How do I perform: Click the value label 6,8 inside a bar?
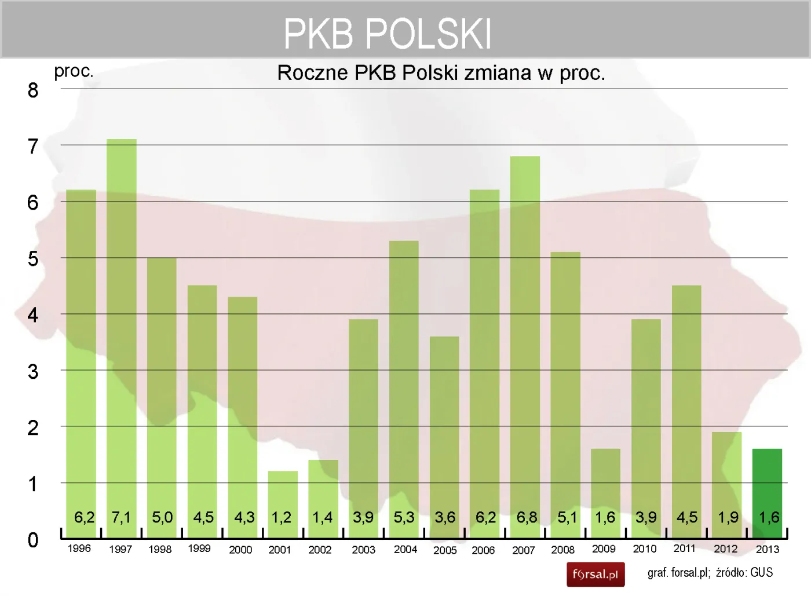pos(527,517)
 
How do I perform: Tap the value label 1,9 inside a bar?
pos(728,517)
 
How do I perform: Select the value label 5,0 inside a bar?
pos(162,517)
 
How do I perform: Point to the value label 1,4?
pos(323,517)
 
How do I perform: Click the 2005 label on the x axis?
pos(445,550)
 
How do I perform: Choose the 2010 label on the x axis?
pos(645,549)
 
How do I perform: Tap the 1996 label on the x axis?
pos(79,549)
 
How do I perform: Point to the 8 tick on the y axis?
pos(33,90)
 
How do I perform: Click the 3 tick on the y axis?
pos(33,372)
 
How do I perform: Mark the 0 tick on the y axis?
pos(33,540)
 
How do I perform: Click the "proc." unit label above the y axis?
pos(74,71)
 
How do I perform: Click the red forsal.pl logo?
pos(596,575)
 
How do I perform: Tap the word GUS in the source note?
pos(761,573)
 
